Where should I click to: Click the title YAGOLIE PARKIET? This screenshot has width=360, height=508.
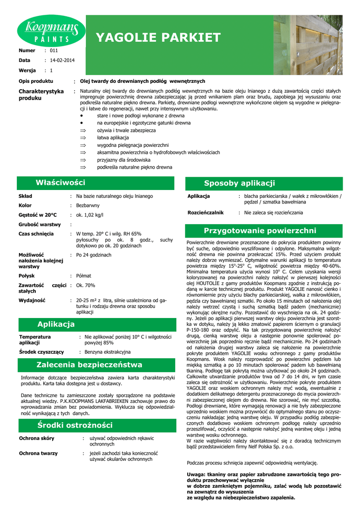158,38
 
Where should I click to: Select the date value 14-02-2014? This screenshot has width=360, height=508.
62,61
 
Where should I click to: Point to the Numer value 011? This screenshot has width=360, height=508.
54,51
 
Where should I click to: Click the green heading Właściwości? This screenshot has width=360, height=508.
60,183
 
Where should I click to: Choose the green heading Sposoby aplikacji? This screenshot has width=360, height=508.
239,183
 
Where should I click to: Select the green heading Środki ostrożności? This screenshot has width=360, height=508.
74,425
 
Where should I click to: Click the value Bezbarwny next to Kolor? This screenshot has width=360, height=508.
88,205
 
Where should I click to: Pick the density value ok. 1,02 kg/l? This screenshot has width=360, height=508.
89,215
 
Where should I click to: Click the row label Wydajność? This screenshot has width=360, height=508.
32,300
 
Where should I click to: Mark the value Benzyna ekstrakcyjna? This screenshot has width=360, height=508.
108,352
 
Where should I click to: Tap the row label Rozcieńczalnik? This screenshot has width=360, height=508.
205,212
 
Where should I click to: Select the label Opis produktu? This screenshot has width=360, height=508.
36,81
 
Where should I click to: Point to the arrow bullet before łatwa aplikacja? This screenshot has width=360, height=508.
83,137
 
